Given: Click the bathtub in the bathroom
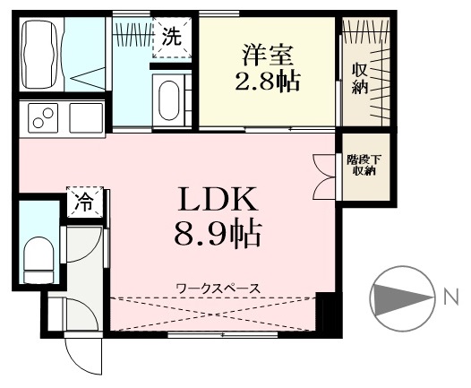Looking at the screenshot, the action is click(39, 55).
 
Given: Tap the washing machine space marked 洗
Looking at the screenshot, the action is click(172, 38).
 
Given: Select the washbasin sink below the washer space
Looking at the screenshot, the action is click(168, 100).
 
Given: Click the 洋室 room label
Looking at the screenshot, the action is click(268, 55).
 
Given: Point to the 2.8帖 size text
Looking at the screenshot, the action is click(268, 81).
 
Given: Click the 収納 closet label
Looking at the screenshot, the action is click(360, 79).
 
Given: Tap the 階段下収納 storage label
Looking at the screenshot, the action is click(364, 165).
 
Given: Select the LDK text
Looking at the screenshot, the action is click(218, 199).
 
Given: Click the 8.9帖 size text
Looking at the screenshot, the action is click(218, 234).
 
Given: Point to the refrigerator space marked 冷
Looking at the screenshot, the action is click(85, 202).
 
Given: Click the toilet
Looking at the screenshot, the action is click(39, 260).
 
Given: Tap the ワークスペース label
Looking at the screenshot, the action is click(218, 289).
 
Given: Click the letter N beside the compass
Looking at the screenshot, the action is click(451, 297).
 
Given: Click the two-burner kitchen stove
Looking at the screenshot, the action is click(43, 118).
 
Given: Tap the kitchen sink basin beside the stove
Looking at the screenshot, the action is click(86, 117).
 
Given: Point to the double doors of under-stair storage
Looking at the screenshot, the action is click(324, 177).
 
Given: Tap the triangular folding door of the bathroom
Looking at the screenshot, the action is click(88, 79).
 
